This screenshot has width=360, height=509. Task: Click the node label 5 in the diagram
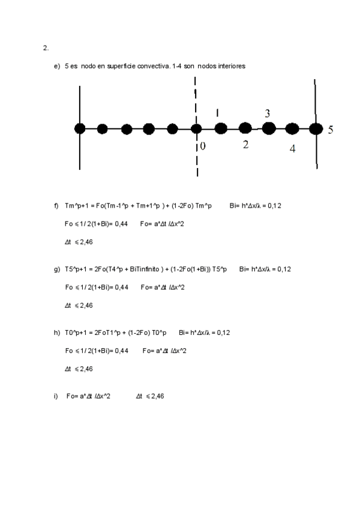pyautogui.click(x=331, y=130)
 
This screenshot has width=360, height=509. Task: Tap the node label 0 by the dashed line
pyautogui.click(x=202, y=146)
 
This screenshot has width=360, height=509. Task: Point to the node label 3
pyautogui.click(x=268, y=113)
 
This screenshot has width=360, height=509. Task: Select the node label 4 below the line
pyautogui.click(x=292, y=149)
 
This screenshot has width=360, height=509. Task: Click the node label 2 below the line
pyautogui.click(x=245, y=144)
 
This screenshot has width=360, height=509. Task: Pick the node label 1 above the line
pyautogui.click(x=217, y=112)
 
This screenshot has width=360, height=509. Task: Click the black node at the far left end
pyautogui.click(x=80, y=128)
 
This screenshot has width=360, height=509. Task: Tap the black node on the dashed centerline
pyautogui.click(x=196, y=128)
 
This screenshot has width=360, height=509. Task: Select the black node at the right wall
pyautogui.click(x=315, y=128)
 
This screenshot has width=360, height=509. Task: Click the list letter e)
pyautogui.click(x=57, y=66)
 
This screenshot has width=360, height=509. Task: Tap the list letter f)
pyautogui.click(x=56, y=206)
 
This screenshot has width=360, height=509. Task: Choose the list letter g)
pyautogui.click(x=57, y=269)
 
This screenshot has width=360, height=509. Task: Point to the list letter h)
pyautogui.click(x=57, y=333)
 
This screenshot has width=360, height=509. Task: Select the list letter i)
pyautogui.click(x=56, y=396)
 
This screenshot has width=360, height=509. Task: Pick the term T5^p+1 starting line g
pyautogui.click(x=77, y=269)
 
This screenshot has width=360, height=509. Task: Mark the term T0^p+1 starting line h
pyautogui.click(x=77, y=333)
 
